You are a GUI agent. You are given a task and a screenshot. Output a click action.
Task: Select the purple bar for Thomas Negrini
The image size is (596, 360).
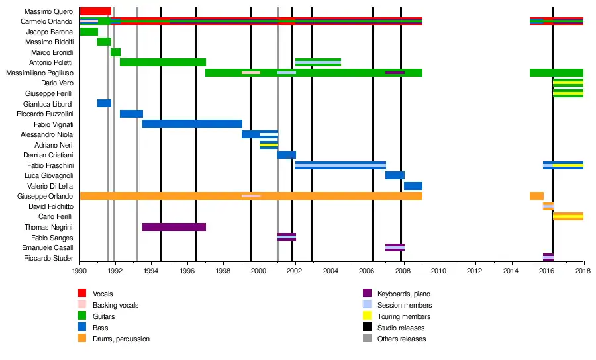coord(174,227)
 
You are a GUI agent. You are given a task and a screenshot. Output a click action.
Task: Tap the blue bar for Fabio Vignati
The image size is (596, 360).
coord(192,124)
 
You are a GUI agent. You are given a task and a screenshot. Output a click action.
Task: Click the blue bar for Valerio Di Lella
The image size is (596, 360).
coord(413,186)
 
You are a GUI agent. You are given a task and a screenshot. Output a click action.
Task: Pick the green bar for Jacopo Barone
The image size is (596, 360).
coord(88,32)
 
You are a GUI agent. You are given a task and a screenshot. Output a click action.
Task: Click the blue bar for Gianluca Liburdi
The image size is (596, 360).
coord(104,103)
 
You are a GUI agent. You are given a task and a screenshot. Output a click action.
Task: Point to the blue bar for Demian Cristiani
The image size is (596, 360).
coord(286,155)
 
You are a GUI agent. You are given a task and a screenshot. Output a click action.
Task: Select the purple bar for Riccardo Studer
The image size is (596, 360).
coord(548,257)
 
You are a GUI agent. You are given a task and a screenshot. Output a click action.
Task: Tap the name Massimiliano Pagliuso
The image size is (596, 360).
coord(39,73)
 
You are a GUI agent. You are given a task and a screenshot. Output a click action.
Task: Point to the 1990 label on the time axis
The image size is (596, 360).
coord(79,271)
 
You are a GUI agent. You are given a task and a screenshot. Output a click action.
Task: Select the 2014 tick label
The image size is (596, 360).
coord(511,271)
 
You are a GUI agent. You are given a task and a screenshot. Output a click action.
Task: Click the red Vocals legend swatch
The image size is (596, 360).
coord(82,293)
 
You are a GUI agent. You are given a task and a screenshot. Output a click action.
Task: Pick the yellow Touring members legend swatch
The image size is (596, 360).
coord(367,316)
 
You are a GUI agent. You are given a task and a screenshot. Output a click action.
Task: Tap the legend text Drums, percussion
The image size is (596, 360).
coord(121,339)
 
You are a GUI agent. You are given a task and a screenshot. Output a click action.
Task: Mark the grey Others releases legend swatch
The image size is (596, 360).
coord(367,339)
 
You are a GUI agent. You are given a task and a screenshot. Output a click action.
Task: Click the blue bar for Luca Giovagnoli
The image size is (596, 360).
coord(395,175)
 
